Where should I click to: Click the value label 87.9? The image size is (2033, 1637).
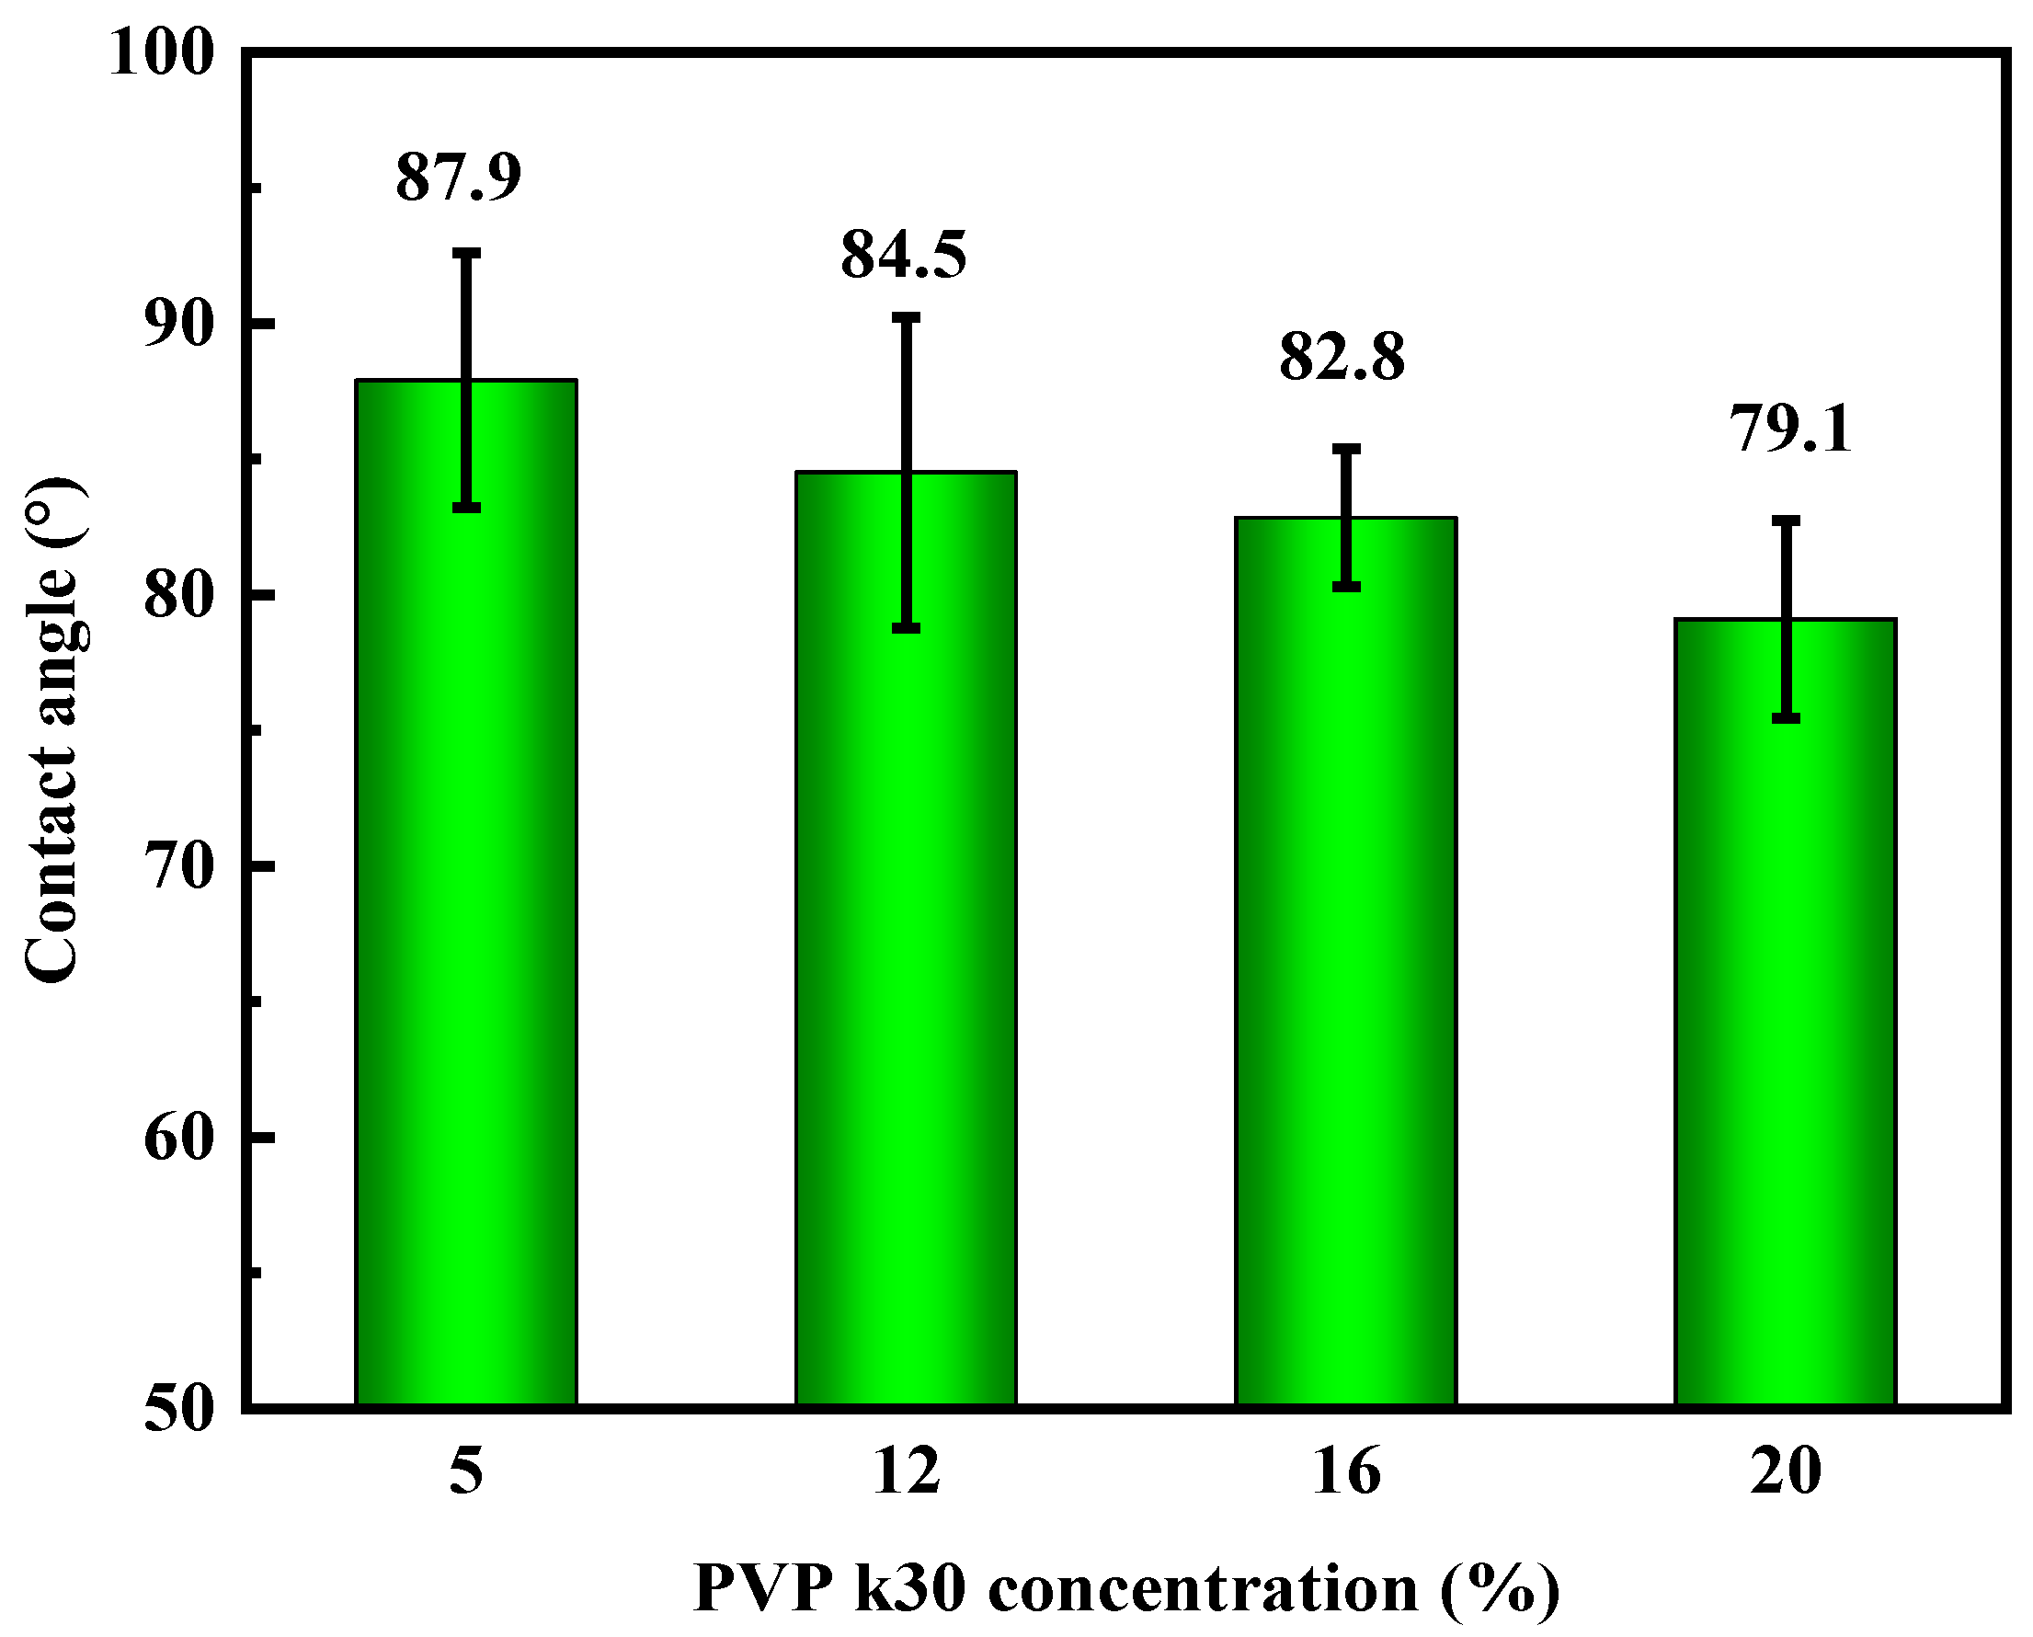[458, 177]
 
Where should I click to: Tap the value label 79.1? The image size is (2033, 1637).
[1790, 429]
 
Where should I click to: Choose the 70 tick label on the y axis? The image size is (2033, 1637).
[176, 866]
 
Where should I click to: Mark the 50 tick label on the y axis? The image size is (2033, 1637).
[176, 1412]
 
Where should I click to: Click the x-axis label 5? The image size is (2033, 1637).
[466, 1471]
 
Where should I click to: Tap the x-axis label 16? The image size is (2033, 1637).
[1346, 1471]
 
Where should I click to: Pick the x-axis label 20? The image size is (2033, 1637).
[1786, 1471]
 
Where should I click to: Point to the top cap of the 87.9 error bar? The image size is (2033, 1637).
[466, 253]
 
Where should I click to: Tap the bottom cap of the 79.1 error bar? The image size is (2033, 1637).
[1786, 718]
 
